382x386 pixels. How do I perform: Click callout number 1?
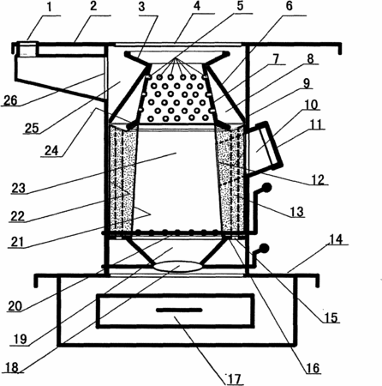tap(50, 8)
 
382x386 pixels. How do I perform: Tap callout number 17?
tap(235, 379)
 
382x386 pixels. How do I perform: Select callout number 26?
tap(10, 100)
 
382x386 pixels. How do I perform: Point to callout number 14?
tap(336, 239)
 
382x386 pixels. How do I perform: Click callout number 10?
tap(312, 105)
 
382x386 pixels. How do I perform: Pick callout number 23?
tap(19, 188)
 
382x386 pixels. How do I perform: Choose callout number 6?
tap(289, 6)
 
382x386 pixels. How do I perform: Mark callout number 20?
tap(15, 306)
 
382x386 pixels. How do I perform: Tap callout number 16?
tap(313, 368)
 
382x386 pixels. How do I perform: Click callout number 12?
tap(318, 179)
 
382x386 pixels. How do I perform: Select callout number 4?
tap(197, 7)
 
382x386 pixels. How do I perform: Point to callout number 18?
tap(12, 368)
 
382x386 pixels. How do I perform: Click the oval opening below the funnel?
tap(178, 266)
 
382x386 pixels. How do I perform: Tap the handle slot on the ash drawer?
tap(179, 310)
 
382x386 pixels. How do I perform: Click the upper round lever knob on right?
tap(266, 188)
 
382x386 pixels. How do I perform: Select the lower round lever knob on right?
tap(263, 248)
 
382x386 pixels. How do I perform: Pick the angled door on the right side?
tap(266, 148)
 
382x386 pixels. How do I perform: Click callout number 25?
tap(32, 128)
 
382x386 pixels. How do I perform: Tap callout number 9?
tap(307, 83)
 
